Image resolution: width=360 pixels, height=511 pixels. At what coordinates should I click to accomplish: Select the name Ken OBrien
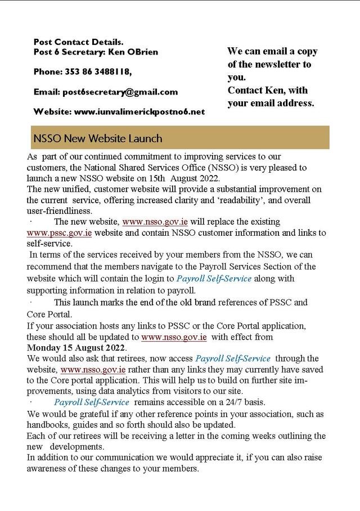click(x=133, y=52)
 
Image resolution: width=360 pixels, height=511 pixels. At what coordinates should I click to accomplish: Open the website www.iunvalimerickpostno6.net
click(x=139, y=111)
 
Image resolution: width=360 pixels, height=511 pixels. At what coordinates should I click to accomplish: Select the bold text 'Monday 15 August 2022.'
click(x=76, y=348)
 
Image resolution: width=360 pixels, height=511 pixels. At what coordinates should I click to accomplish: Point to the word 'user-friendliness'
click(x=59, y=211)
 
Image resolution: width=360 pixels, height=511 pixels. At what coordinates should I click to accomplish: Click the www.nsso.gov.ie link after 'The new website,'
click(x=154, y=222)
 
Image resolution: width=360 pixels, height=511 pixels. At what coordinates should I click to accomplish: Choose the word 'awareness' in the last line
click(x=47, y=469)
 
